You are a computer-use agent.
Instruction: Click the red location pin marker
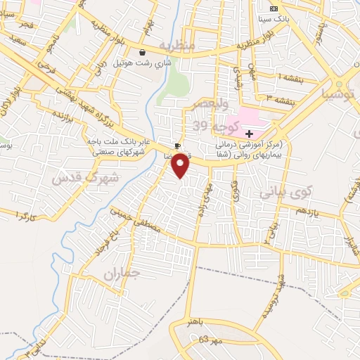click(181, 165)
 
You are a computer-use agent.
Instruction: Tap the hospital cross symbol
click(249, 133)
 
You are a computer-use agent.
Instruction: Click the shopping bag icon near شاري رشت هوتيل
click(143, 52)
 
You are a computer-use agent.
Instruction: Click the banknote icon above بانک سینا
click(274, 7)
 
